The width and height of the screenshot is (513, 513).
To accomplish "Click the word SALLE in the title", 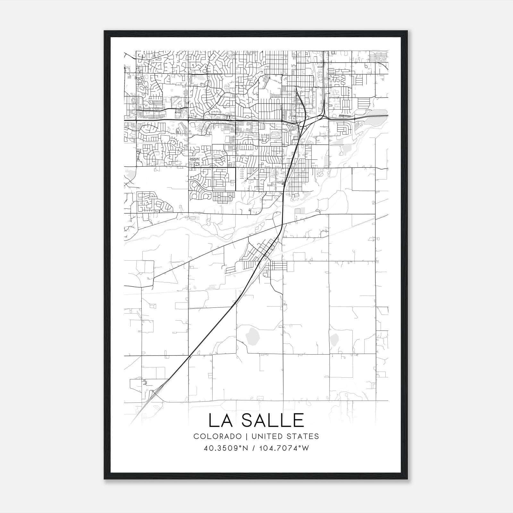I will pos(273,420).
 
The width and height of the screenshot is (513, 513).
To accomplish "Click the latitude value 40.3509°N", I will pos(226,448).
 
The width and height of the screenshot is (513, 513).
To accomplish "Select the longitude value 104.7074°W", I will pos(283,448).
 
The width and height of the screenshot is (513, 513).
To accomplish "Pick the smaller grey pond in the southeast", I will pos(334,338).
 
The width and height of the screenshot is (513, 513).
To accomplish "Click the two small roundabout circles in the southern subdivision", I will pos(225,196).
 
